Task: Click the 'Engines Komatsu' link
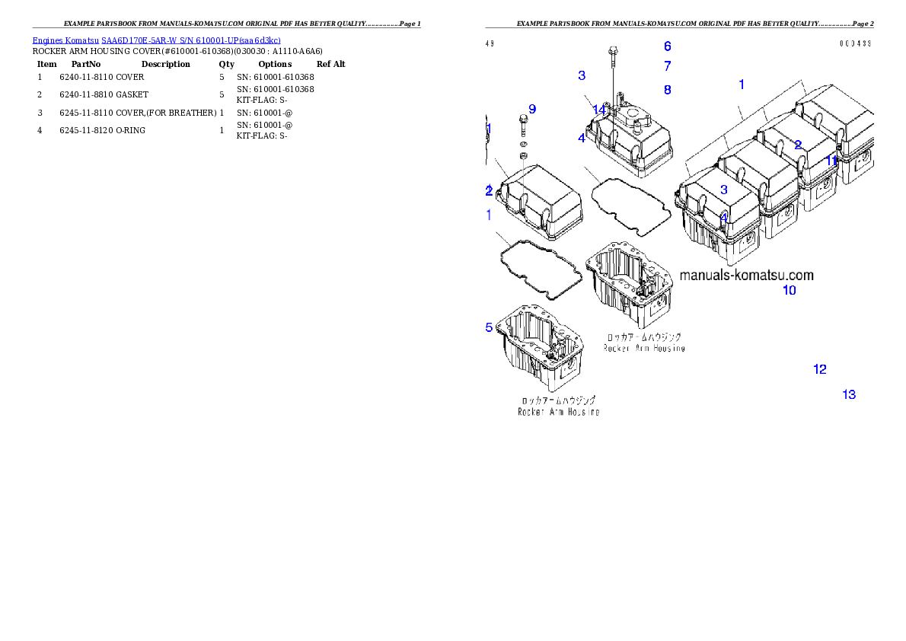(x=66, y=40)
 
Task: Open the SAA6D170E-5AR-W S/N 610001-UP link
(x=190, y=40)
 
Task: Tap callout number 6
(x=667, y=46)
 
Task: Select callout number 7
(x=667, y=66)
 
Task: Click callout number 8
(x=667, y=90)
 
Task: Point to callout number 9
(x=531, y=109)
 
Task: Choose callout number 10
(x=790, y=290)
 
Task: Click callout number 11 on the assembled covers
(x=832, y=161)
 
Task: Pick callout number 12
(x=820, y=369)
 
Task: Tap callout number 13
(x=849, y=394)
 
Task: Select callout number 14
(x=599, y=110)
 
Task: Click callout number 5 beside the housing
(x=489, y=327)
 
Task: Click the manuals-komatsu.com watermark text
(x=746, y=276)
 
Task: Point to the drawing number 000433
(x=856, y=43)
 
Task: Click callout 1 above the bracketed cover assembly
(x=742, y=84)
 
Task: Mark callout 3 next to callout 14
(x=582, y=75)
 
